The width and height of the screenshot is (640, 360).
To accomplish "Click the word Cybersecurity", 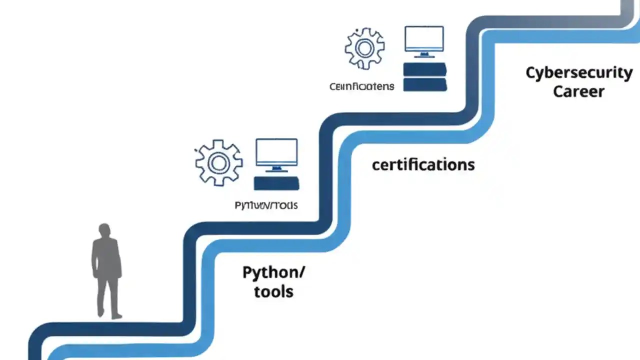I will pyautogui.click(x=579, y=73).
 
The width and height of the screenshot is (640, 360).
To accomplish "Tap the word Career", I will pyautogui.click(x=578, y=92).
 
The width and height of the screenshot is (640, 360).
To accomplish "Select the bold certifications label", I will pyautogui.click(x=423, y=164).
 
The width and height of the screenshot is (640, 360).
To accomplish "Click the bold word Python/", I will pyautogui.click(x=273, y=273).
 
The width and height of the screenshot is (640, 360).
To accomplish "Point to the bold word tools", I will pyautogui.click(x=273, y=291).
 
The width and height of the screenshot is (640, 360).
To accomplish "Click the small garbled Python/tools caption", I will pyautogui.click(x=266, y=205).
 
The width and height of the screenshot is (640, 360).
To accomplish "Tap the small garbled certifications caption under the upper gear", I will pyautogui.click(x=361, y=86).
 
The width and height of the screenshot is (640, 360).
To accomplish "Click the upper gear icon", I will pyautogui.click(x=364, y=48).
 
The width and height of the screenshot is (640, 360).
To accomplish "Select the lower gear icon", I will pyautogui.click(x=218, y=162).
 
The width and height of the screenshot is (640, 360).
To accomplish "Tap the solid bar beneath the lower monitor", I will pyautogui.click(x=276, y=183).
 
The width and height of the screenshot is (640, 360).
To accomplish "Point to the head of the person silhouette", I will pyautogui.click(x=104, y=231).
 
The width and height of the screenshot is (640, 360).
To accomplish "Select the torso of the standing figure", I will pyautogui.click(x=106, y=257).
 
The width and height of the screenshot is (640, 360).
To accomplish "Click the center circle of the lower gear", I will pyautogui.click(x=218, y=162).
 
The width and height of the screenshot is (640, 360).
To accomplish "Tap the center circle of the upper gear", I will pyautogui.click(x=364, y=48).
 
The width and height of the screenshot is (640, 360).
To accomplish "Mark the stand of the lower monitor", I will pyautogui.click(x=276, y=169).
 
